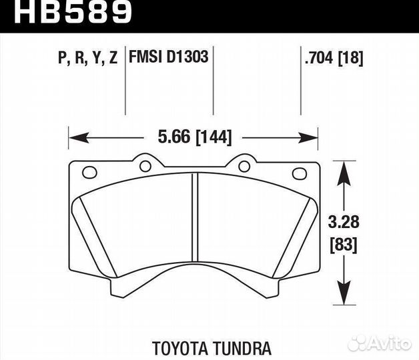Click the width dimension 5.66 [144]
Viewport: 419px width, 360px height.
[193, 138]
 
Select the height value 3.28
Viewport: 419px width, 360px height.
[344, 221]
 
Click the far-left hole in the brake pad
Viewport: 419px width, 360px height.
[87, 173]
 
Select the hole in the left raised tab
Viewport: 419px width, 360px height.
[143, 165]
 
